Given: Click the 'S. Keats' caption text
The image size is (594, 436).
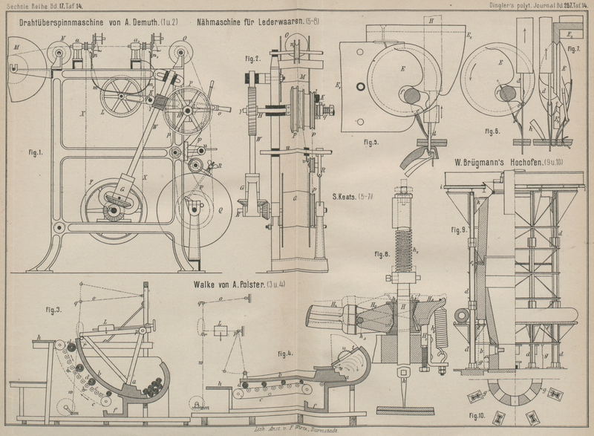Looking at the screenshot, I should [353, 198].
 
